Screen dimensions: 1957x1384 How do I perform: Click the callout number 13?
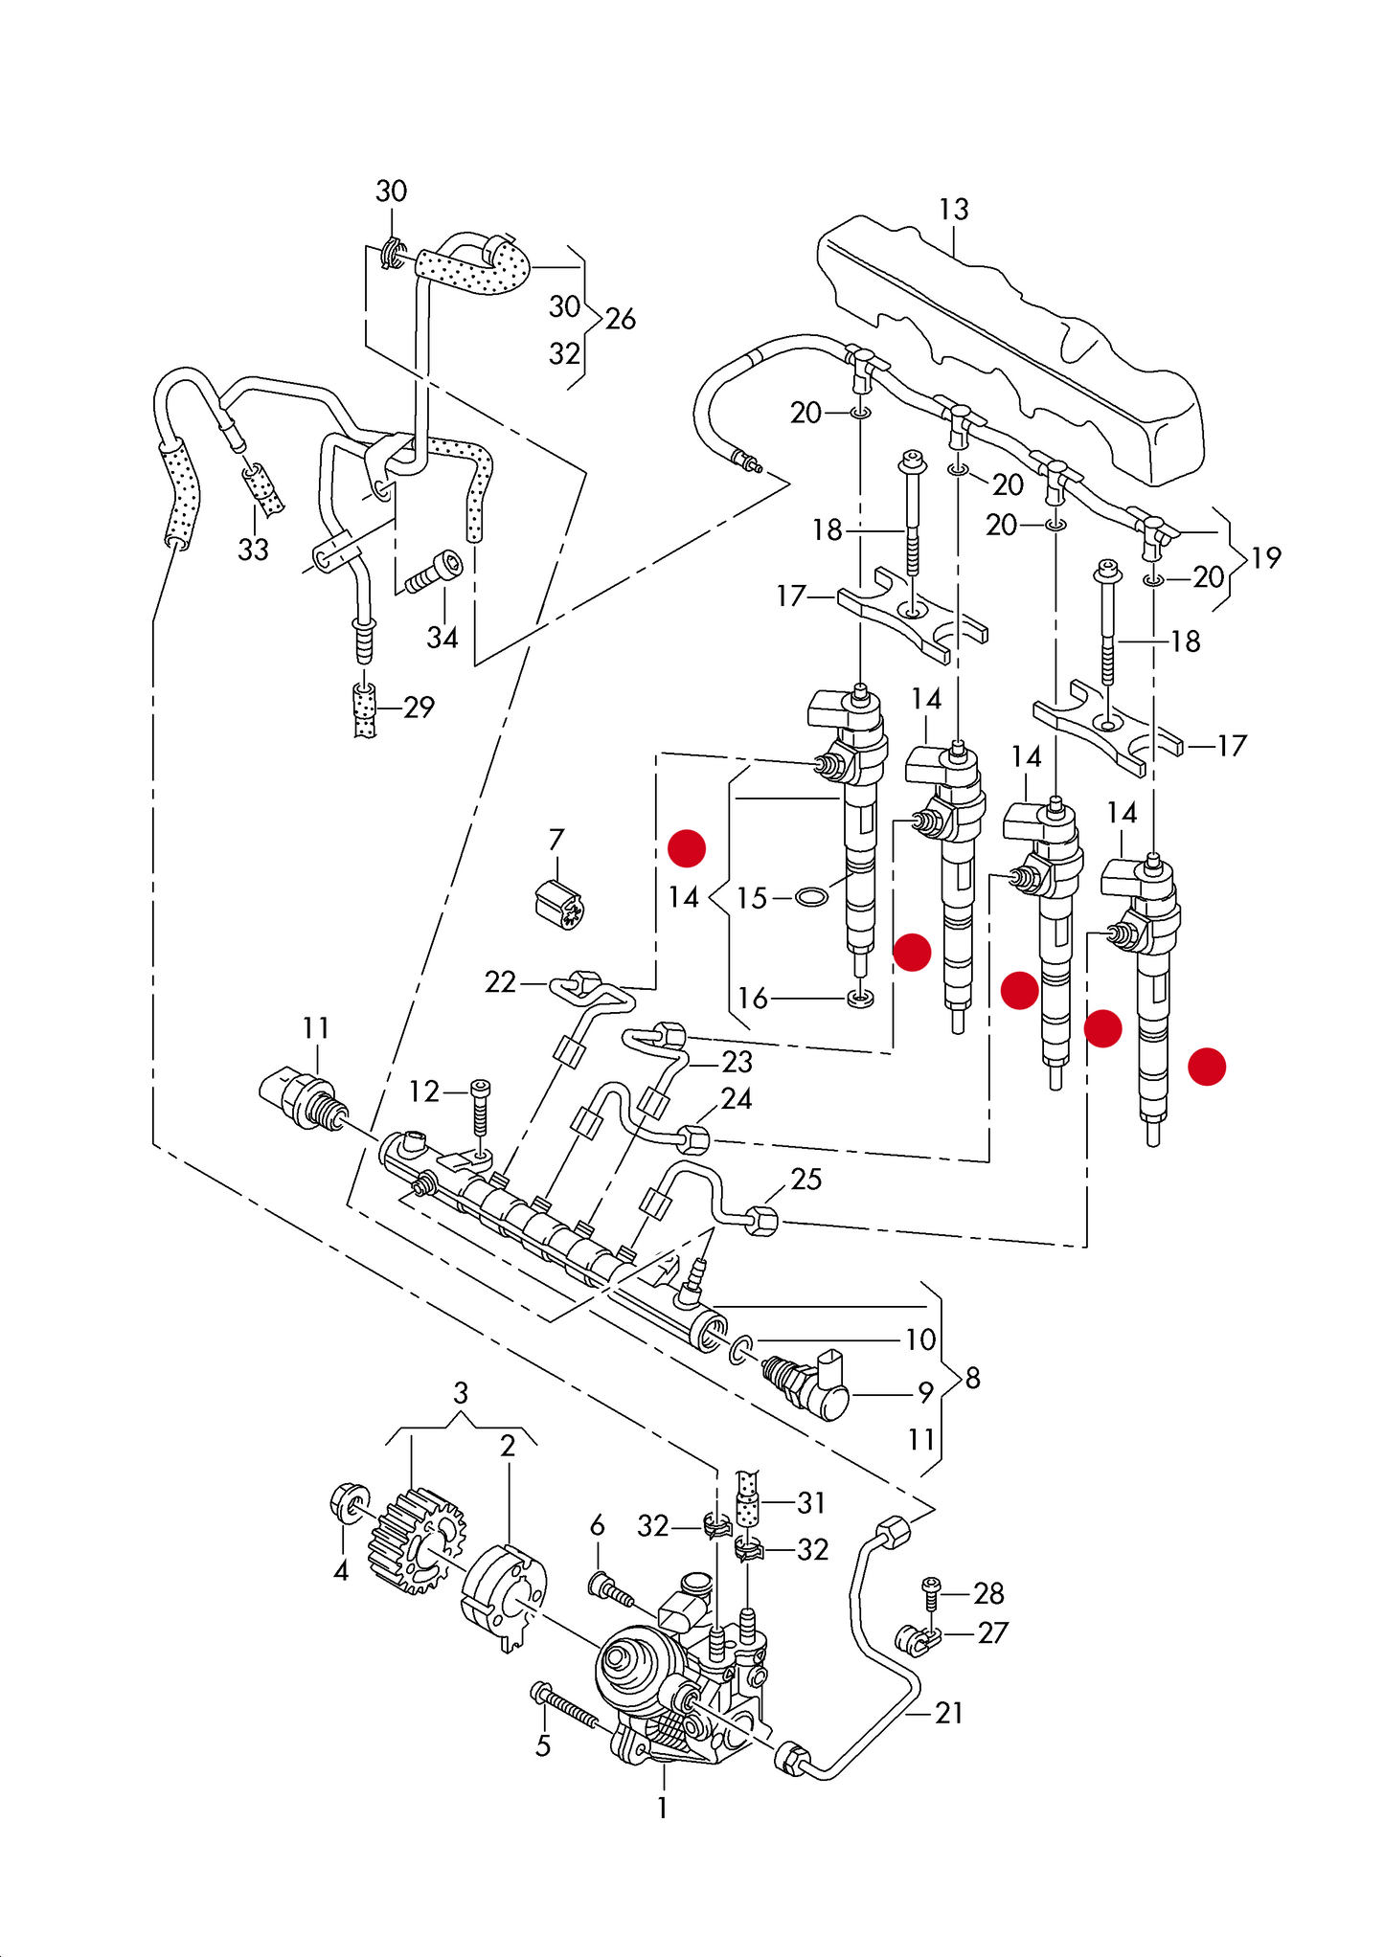click(x=953, y=210)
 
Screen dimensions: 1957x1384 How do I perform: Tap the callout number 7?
click(x=556, y=840)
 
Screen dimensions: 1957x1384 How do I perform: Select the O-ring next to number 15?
click(x=812, y=897)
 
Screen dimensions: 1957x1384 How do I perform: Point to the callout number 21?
click(x=948, y=1713)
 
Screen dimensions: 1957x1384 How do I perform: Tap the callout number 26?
click(x=621, y=319)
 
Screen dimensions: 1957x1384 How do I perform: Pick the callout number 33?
click(x=253, y=550)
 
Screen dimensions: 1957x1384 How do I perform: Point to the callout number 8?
click(x=973, y=1378)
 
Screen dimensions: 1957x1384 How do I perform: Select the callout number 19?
click(x=1266, y=557)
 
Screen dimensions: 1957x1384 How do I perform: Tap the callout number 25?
click(x=805, y=1179)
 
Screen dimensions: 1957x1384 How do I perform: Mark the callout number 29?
click(x=419, y=708)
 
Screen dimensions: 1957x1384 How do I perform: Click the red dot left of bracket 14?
click(x=687, y=848)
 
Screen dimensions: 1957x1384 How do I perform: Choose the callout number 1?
click(x=662, y=1808)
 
